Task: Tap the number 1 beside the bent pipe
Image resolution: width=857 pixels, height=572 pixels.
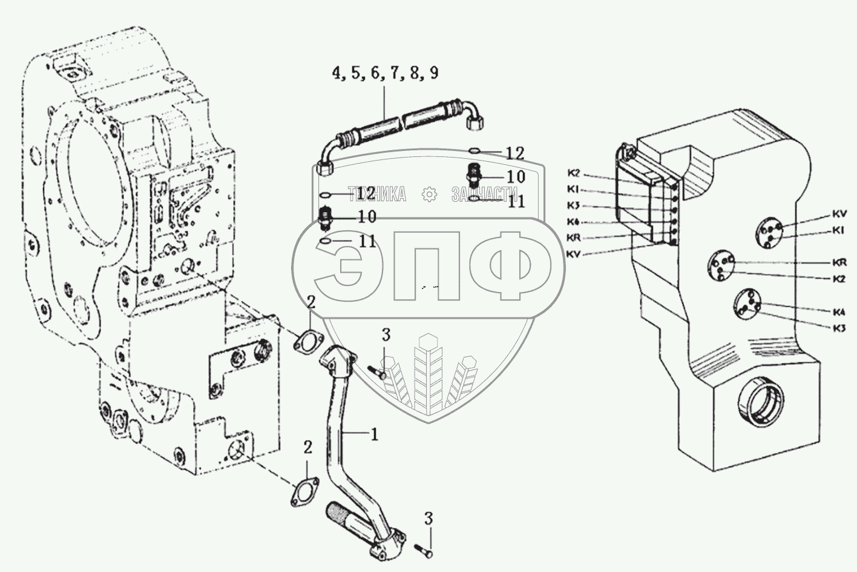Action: (375, 434)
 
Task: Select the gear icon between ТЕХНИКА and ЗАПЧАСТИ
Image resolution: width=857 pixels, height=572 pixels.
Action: (428, 194)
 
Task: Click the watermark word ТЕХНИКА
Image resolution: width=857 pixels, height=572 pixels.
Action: (376, 194)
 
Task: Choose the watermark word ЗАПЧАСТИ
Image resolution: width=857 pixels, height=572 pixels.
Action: (484, 194)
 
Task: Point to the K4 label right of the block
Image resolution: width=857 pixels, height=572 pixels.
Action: (838, 313)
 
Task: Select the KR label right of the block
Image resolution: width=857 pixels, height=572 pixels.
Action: (838, 263)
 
